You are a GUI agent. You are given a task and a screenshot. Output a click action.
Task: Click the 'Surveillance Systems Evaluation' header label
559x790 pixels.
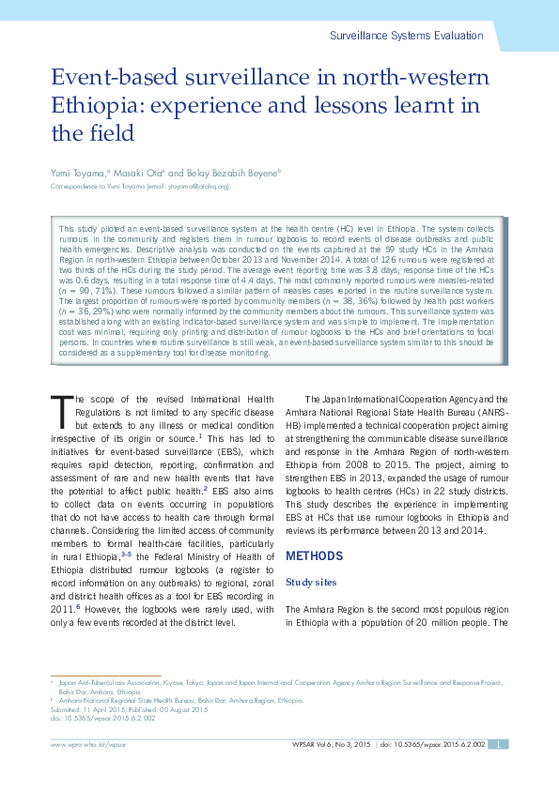click(407, 36)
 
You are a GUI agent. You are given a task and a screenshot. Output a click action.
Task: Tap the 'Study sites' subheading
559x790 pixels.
click(311, 583)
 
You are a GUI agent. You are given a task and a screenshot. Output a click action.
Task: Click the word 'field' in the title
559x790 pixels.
click(111, 132)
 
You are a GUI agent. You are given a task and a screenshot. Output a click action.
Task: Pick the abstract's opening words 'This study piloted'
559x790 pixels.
click(95, 229)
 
